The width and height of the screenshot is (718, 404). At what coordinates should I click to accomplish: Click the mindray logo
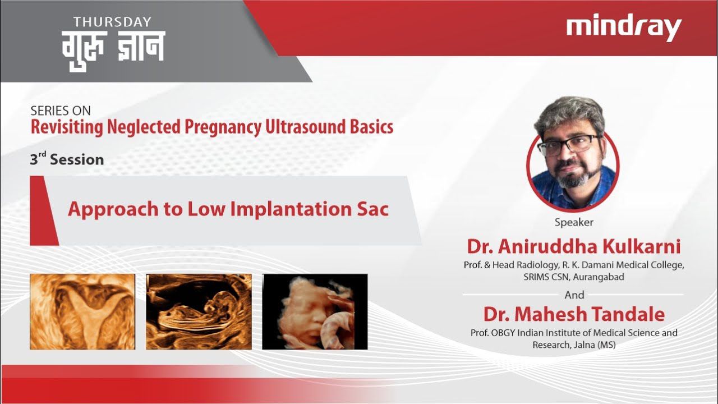(623, 28)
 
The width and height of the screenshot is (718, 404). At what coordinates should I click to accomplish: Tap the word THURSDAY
(112, 22)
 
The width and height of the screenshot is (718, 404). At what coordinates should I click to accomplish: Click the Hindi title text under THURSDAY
(113, 50)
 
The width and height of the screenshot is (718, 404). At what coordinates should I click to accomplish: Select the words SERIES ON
(61, 111)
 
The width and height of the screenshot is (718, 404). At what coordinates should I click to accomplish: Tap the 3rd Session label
(67, 159)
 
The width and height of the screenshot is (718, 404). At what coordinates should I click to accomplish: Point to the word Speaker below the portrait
(574, 222)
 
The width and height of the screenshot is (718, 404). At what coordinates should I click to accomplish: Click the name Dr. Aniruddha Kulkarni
(574, 246)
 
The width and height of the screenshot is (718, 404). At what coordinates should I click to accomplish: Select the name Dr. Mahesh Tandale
(574, 314)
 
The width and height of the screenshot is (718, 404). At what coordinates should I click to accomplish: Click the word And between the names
(574, 295)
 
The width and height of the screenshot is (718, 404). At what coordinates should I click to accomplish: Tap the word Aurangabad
(599, 277)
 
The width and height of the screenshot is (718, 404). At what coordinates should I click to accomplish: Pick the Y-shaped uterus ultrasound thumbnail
(82, 311)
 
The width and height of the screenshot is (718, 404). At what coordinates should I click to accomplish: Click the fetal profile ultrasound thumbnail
(199, 311)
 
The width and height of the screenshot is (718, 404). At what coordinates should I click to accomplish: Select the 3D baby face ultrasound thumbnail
(315, 311)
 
